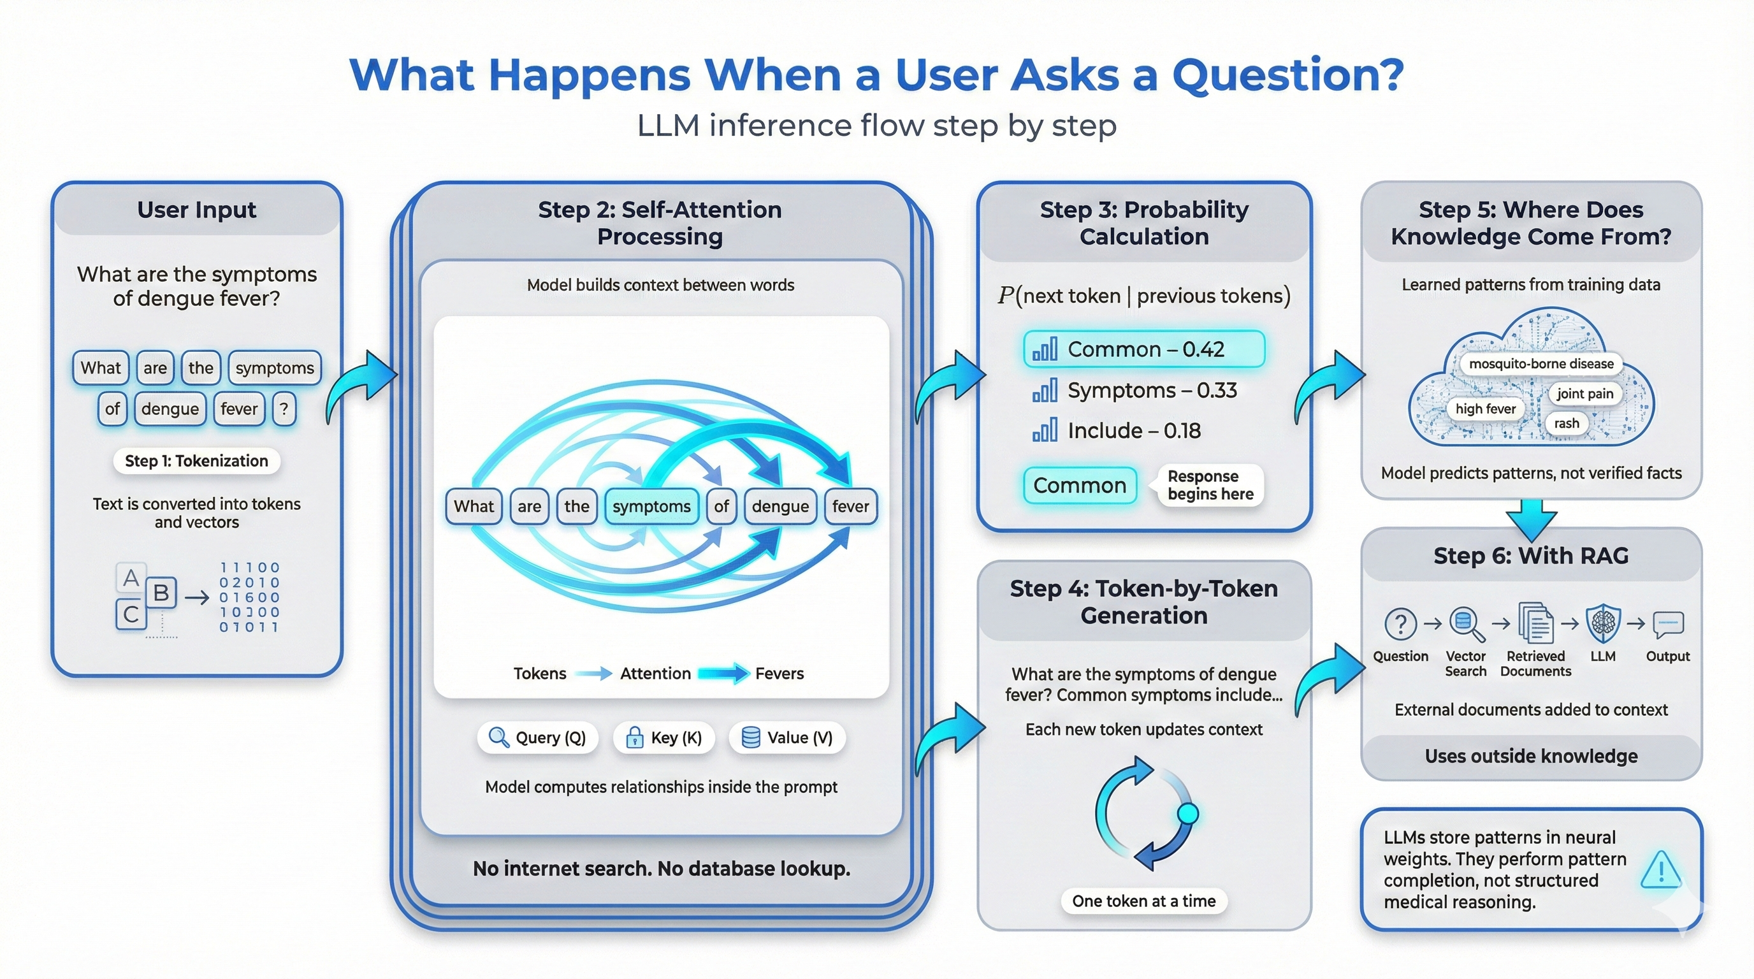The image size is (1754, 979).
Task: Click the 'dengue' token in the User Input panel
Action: [x=170, y=409]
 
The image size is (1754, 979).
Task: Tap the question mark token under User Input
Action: [x=284, y=409]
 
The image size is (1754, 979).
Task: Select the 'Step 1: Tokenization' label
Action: [x=196, y=461]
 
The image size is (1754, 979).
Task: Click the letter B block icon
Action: [x=161, y=592]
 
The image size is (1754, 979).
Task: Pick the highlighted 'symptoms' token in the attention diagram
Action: [x=651, y=506]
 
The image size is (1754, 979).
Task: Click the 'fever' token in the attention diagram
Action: [x=850, y=506]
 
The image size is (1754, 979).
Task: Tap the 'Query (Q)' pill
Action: [x=537, y=737]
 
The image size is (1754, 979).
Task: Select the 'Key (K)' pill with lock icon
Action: [x=664, y=737]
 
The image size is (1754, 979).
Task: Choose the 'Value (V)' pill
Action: [x=787, y=737]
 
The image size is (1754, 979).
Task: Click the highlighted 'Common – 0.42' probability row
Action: [x=1144, y=349]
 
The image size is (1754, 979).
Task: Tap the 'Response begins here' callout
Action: [x=1210, y=485]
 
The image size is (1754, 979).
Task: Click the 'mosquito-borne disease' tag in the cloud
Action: [x=1541, y=363]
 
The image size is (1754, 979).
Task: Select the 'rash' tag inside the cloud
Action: [x=1566, y=423]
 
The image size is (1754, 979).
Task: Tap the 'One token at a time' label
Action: [x=1144, y=901]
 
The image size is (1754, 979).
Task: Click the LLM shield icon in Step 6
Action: [x=1603, y=623]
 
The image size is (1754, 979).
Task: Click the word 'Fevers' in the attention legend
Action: [x=779, y=673]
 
